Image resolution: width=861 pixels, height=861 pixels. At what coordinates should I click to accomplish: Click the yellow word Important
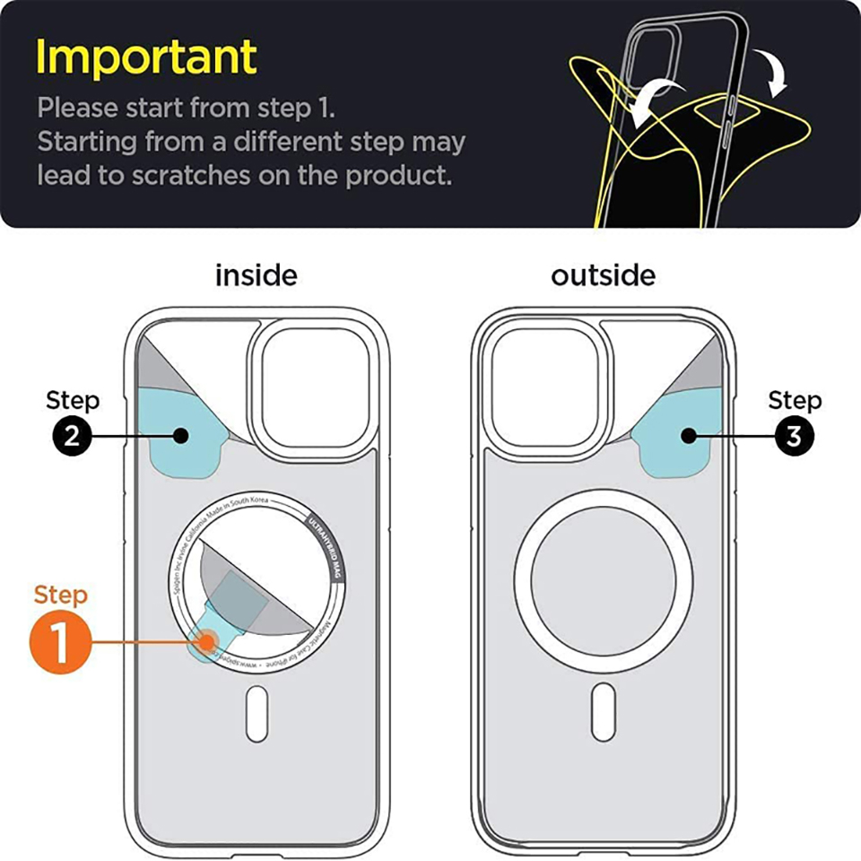pos(146,57)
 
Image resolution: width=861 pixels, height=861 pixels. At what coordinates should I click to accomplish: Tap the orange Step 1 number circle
pos(61,642)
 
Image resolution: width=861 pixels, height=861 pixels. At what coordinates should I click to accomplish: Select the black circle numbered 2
pos(72,436)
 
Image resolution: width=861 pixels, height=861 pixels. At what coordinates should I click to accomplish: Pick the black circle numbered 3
pos(794,436)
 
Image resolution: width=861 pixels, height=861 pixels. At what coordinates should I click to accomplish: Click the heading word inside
pos(256,274)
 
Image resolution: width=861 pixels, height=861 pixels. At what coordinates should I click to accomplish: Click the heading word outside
pos(603,274)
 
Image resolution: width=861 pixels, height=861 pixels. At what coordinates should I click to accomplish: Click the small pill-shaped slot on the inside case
pos(257,713)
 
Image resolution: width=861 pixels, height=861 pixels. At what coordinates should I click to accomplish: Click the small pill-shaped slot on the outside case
pos(604,713)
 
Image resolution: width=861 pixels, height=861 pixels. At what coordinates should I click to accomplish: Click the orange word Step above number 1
pos(61,596)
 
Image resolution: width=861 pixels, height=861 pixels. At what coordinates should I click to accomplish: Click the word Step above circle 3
pos(795,399)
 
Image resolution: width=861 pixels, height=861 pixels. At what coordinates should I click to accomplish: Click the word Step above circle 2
pos(73,399)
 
